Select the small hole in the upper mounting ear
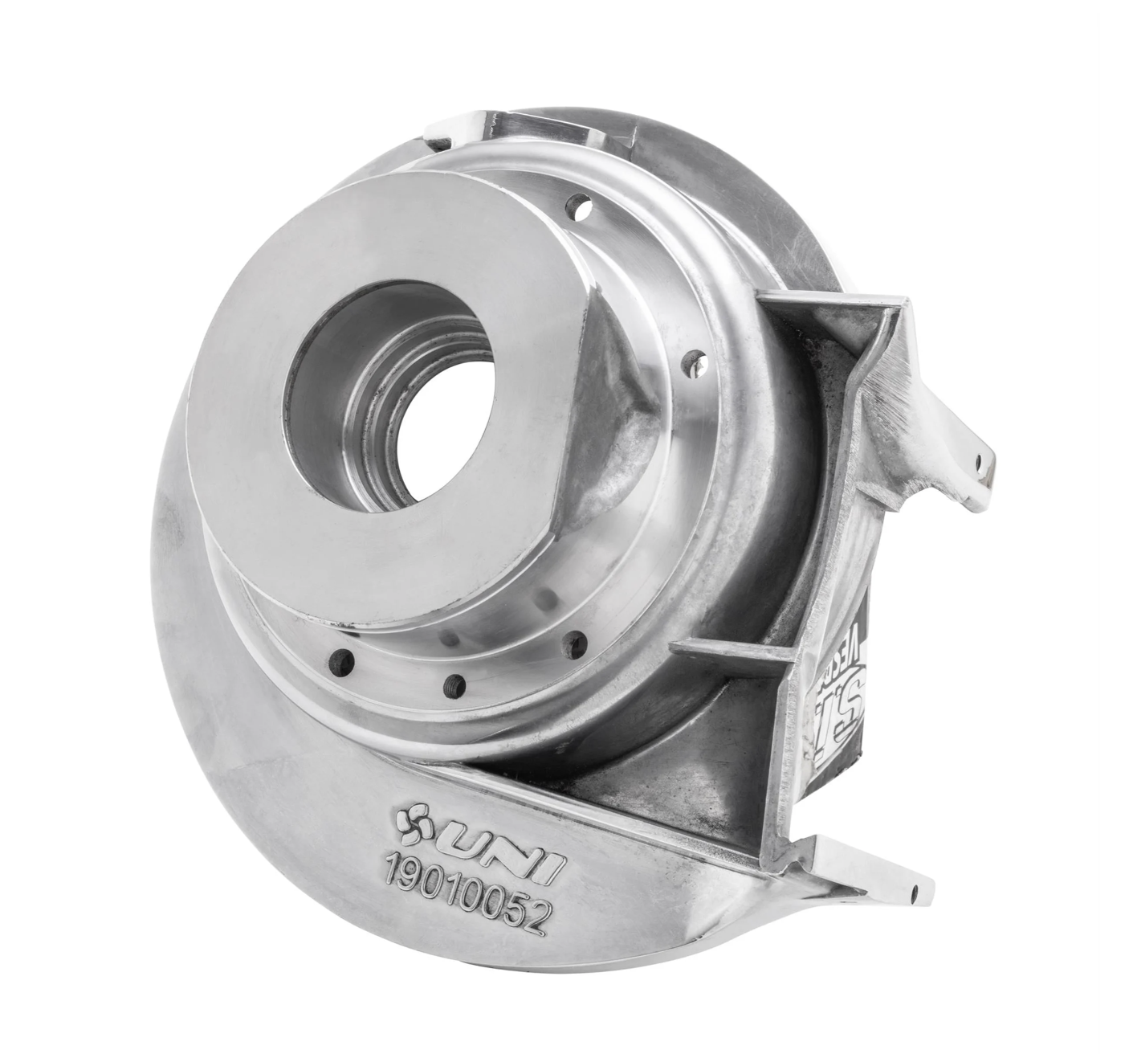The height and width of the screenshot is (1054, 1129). [978, 460]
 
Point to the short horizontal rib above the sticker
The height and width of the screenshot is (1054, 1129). [723, 649]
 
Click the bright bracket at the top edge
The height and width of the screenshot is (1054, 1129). [466, 129]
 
